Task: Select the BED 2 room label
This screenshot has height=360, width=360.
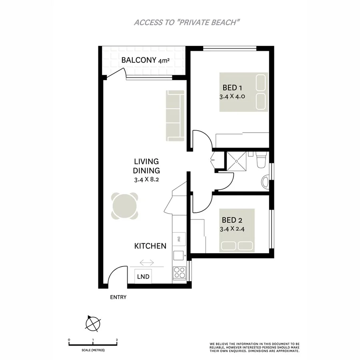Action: point(232,220)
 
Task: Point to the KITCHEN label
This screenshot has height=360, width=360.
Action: point(150,246)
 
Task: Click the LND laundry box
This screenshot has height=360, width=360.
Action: point(143,276)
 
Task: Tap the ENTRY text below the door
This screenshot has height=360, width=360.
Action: point(118,297)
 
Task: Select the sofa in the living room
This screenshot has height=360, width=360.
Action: point(175,116)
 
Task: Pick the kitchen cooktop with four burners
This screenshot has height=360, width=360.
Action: point(179,272)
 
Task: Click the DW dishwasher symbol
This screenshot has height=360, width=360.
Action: point(178,239)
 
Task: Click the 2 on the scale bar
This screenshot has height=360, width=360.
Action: point(116,340)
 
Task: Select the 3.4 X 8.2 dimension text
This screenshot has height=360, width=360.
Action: point(147,180)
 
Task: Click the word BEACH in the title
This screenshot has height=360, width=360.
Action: point(224,22)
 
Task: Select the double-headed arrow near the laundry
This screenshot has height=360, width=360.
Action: point(147,262)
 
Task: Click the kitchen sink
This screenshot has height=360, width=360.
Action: point(179,254)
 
